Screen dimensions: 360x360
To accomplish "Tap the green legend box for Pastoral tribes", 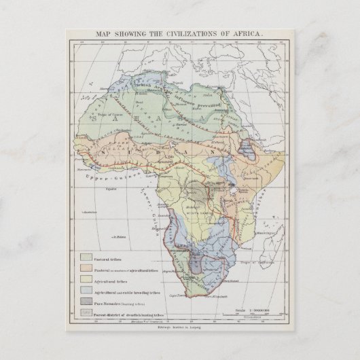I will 87,256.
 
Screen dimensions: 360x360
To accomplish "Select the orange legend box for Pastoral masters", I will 87,267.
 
